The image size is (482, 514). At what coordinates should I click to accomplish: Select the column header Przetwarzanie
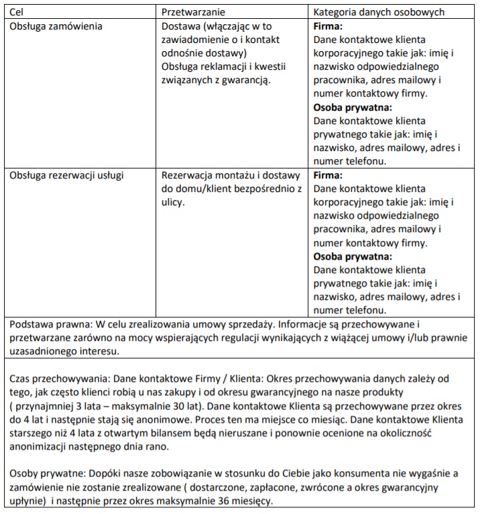[x=193, y=12]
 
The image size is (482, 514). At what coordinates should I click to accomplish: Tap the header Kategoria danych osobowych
[x=388, y=12]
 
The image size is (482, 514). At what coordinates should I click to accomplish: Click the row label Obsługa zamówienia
[x=56, y=28]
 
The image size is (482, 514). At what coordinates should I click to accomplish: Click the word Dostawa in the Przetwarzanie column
[x=182, y=28]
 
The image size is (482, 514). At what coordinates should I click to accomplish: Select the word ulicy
[x=174, y=202]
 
